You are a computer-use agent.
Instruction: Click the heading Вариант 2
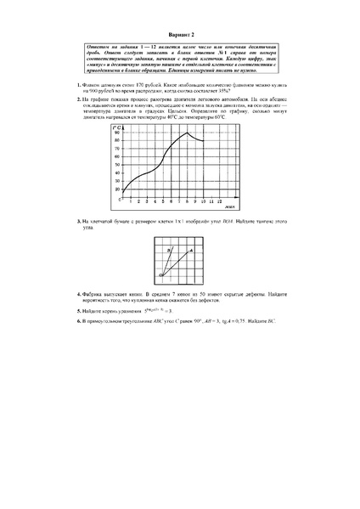pyautogui.click(x=179, y=26)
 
